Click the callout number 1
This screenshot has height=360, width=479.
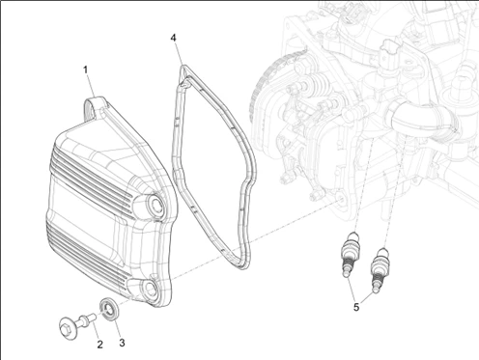tap(86, 69)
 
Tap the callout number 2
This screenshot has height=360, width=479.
tap(99, 345)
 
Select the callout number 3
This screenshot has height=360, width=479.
tap(122, 343)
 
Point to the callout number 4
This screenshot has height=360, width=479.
tap(174, 38)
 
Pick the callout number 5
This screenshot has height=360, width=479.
tap(356, 307)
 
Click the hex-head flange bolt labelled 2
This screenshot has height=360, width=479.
tap(76, 323)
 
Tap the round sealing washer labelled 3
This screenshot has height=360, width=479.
tap(110, 309)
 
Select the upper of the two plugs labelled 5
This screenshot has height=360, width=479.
tap(350, 254)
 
